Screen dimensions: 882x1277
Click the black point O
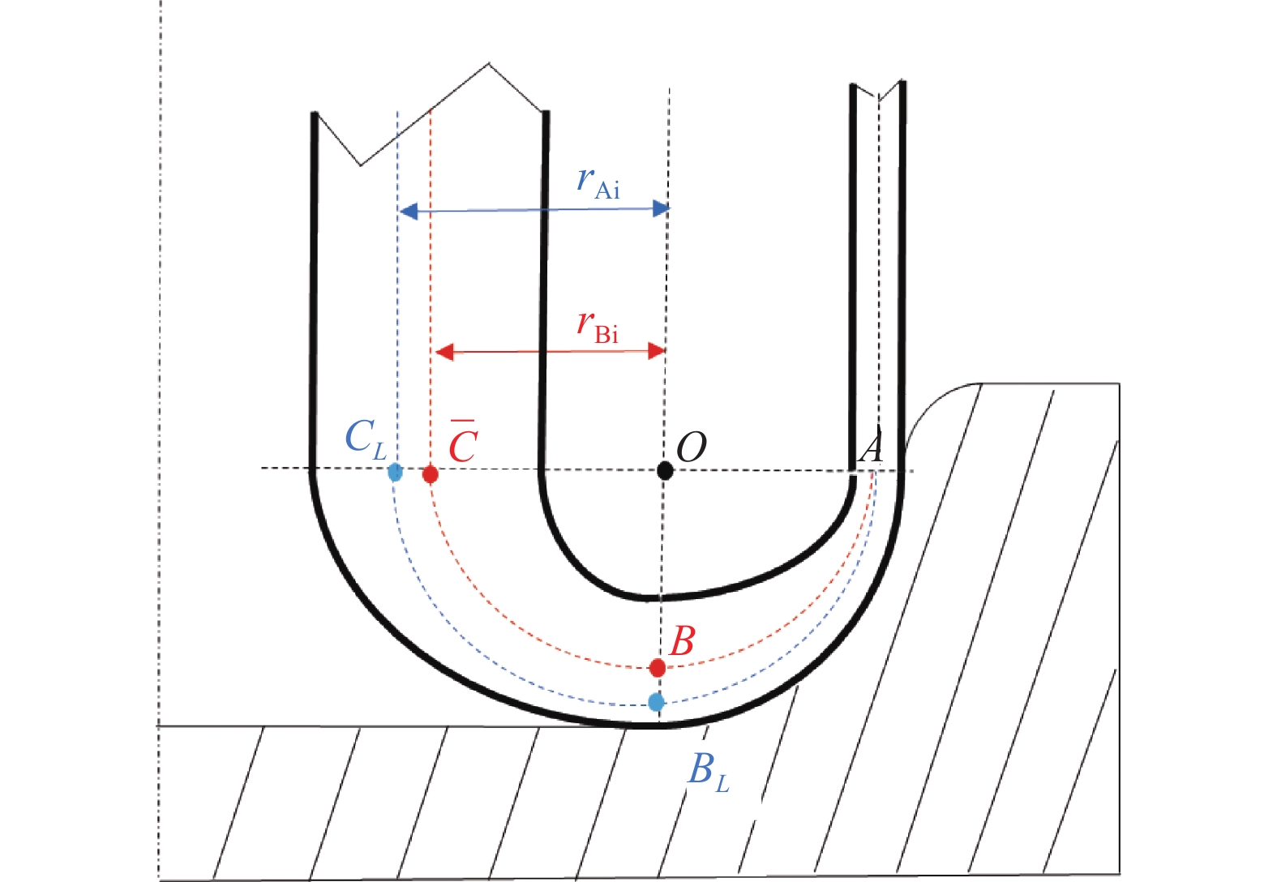(x=665, y=469)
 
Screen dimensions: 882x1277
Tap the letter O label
(x=691, y=447)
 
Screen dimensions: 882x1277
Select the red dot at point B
(x=658, y=668)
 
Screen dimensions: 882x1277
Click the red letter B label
(x=682, y=641)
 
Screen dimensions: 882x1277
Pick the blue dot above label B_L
(x=657, y=702)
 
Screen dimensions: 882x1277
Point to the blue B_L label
(x=707, y=771)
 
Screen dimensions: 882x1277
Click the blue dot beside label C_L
(x=395, y=472)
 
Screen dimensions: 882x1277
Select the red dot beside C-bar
(x=431, y=474)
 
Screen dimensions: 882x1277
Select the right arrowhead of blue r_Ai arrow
(x=662, y=209)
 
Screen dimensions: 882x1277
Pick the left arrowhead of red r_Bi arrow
(x=444, y=352)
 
